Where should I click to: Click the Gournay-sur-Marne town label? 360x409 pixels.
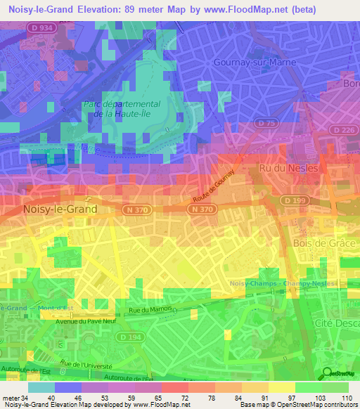(x=255, y=62)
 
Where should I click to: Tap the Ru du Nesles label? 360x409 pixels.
(x=288, y=169)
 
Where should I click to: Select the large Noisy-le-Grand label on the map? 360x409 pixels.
(x=60, y=209)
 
